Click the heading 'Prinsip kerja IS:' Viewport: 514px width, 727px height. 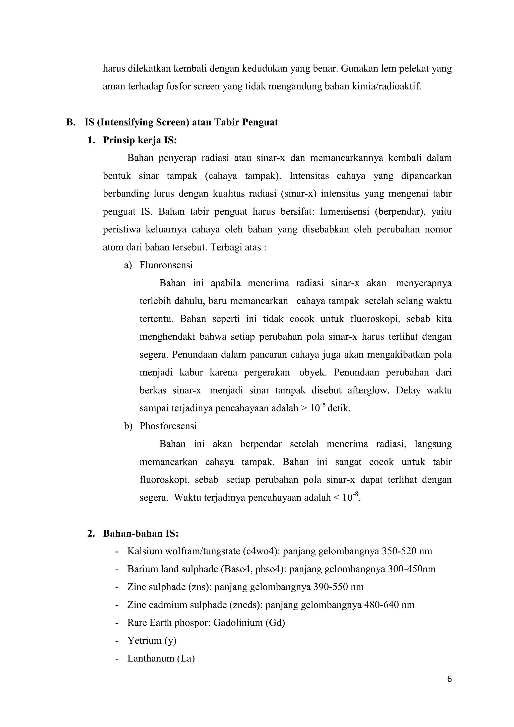(140, 140)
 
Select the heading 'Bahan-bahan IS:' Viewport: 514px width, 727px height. (141, 533)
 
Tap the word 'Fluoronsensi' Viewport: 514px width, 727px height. (166, 265)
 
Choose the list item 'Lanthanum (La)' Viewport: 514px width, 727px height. (161, 658)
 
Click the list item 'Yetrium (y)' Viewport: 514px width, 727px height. (152, 641)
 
